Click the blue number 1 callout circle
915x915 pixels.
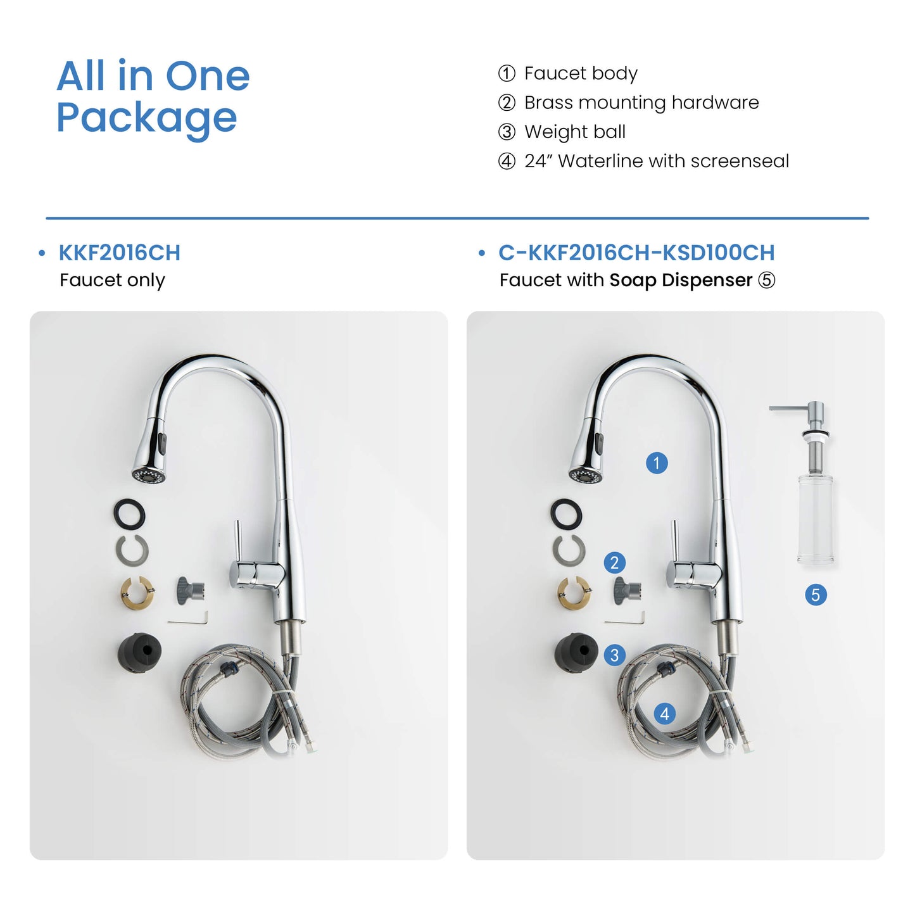click(657, 463)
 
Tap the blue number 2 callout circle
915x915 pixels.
click(614, 563)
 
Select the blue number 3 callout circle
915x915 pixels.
click(614, 655)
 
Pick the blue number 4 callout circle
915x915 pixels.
click(665, 714)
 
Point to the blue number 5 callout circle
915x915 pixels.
click(816, 595)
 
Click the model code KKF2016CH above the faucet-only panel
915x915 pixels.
click(120, 253)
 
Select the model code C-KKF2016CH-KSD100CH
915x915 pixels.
click(636, 253)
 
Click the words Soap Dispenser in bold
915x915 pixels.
click(681, 280)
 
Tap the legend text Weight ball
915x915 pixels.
click(575, 132)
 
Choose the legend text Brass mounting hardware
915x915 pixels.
click(641, 103)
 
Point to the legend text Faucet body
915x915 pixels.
click(581, 73)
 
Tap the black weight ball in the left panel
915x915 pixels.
click(139, 652)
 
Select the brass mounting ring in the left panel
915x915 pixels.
click(137, 593)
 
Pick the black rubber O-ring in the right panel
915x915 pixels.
click(567, 514)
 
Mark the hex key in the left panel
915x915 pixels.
click(188, 619)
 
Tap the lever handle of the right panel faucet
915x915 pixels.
click(674, 541)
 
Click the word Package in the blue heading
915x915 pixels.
click(147, 118)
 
